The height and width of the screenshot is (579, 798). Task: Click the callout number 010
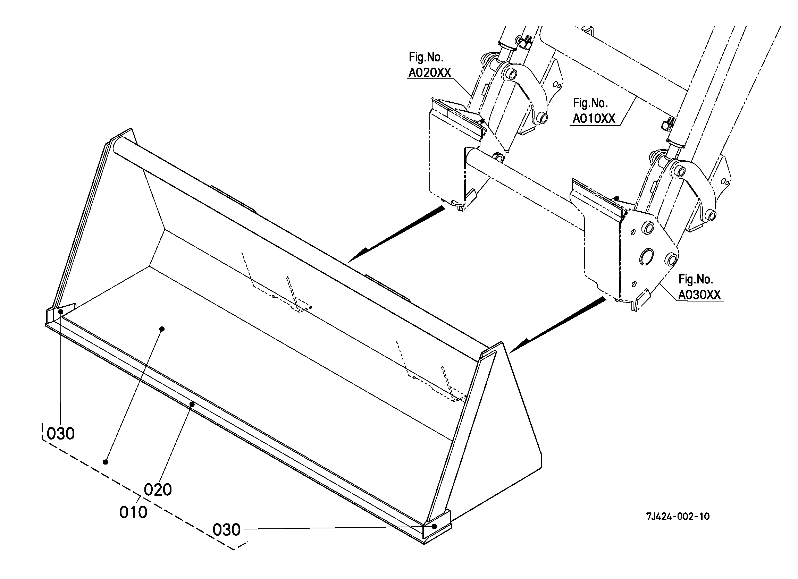[133, 512]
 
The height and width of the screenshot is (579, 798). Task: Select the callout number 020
[158, 489]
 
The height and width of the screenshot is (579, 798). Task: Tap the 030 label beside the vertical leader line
[60, 434]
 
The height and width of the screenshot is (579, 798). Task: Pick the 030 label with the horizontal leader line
[227, 530]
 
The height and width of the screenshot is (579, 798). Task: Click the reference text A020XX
[429, 73]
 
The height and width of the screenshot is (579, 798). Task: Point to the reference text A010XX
[594, 119]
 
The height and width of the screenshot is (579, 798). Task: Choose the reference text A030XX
[699, 295]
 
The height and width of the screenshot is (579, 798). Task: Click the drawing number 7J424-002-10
[678, 517]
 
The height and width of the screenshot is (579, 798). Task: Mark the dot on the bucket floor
[162, 329]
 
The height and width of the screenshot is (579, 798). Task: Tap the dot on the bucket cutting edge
[192, 405]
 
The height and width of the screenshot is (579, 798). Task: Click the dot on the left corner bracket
[61, 312]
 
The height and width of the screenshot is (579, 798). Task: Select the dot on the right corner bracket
[435, 526]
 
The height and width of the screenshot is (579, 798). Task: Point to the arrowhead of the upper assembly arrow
[355, 257]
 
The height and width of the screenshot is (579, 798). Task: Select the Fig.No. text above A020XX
[426, 57]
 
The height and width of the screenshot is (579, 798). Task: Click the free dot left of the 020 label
[105, 462]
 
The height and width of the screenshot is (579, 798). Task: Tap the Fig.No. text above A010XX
[590, 103]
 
